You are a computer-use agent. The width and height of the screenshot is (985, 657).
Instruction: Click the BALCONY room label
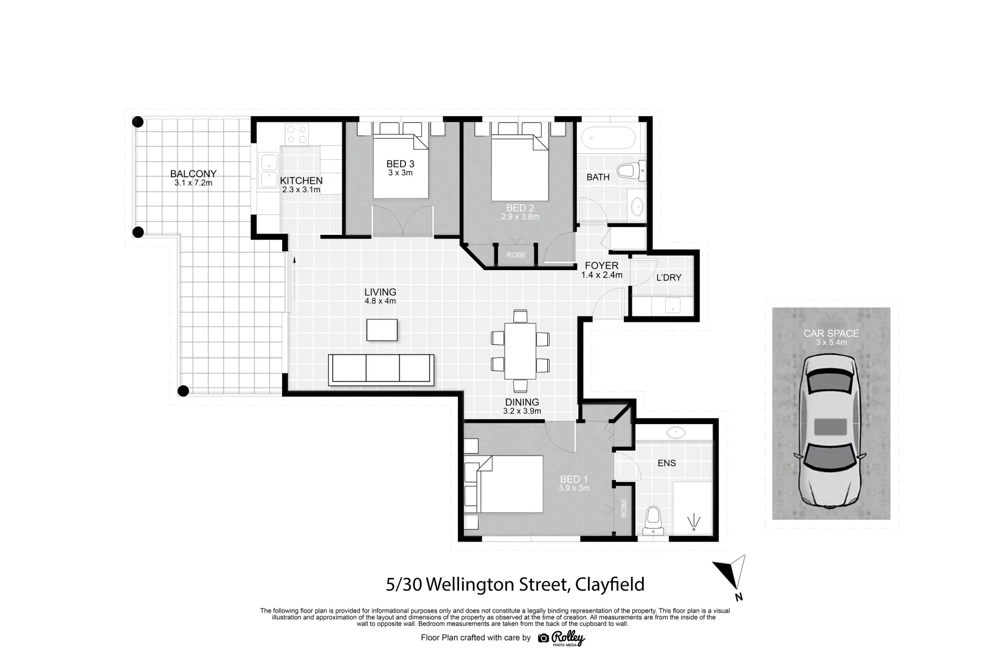coord(193,174)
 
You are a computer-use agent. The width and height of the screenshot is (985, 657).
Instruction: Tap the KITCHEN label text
coord(301,181)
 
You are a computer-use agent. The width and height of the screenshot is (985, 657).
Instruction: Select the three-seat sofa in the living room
coord(381,369)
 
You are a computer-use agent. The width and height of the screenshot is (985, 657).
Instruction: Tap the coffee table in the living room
coord(382,330)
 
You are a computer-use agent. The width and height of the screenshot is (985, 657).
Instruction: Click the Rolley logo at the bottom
coord(562,638)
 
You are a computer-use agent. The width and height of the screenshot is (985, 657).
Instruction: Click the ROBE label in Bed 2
coord(516,255)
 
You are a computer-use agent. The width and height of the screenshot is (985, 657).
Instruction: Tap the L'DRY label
coord(669,277)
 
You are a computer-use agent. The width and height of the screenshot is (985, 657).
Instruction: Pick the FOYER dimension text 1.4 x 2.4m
coord(601,275)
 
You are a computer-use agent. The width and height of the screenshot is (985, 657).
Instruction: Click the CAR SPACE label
coord(831,333)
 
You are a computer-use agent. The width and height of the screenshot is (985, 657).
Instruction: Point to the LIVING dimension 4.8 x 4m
coord(380,301)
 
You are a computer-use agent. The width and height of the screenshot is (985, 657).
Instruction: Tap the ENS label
coord(666,463)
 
